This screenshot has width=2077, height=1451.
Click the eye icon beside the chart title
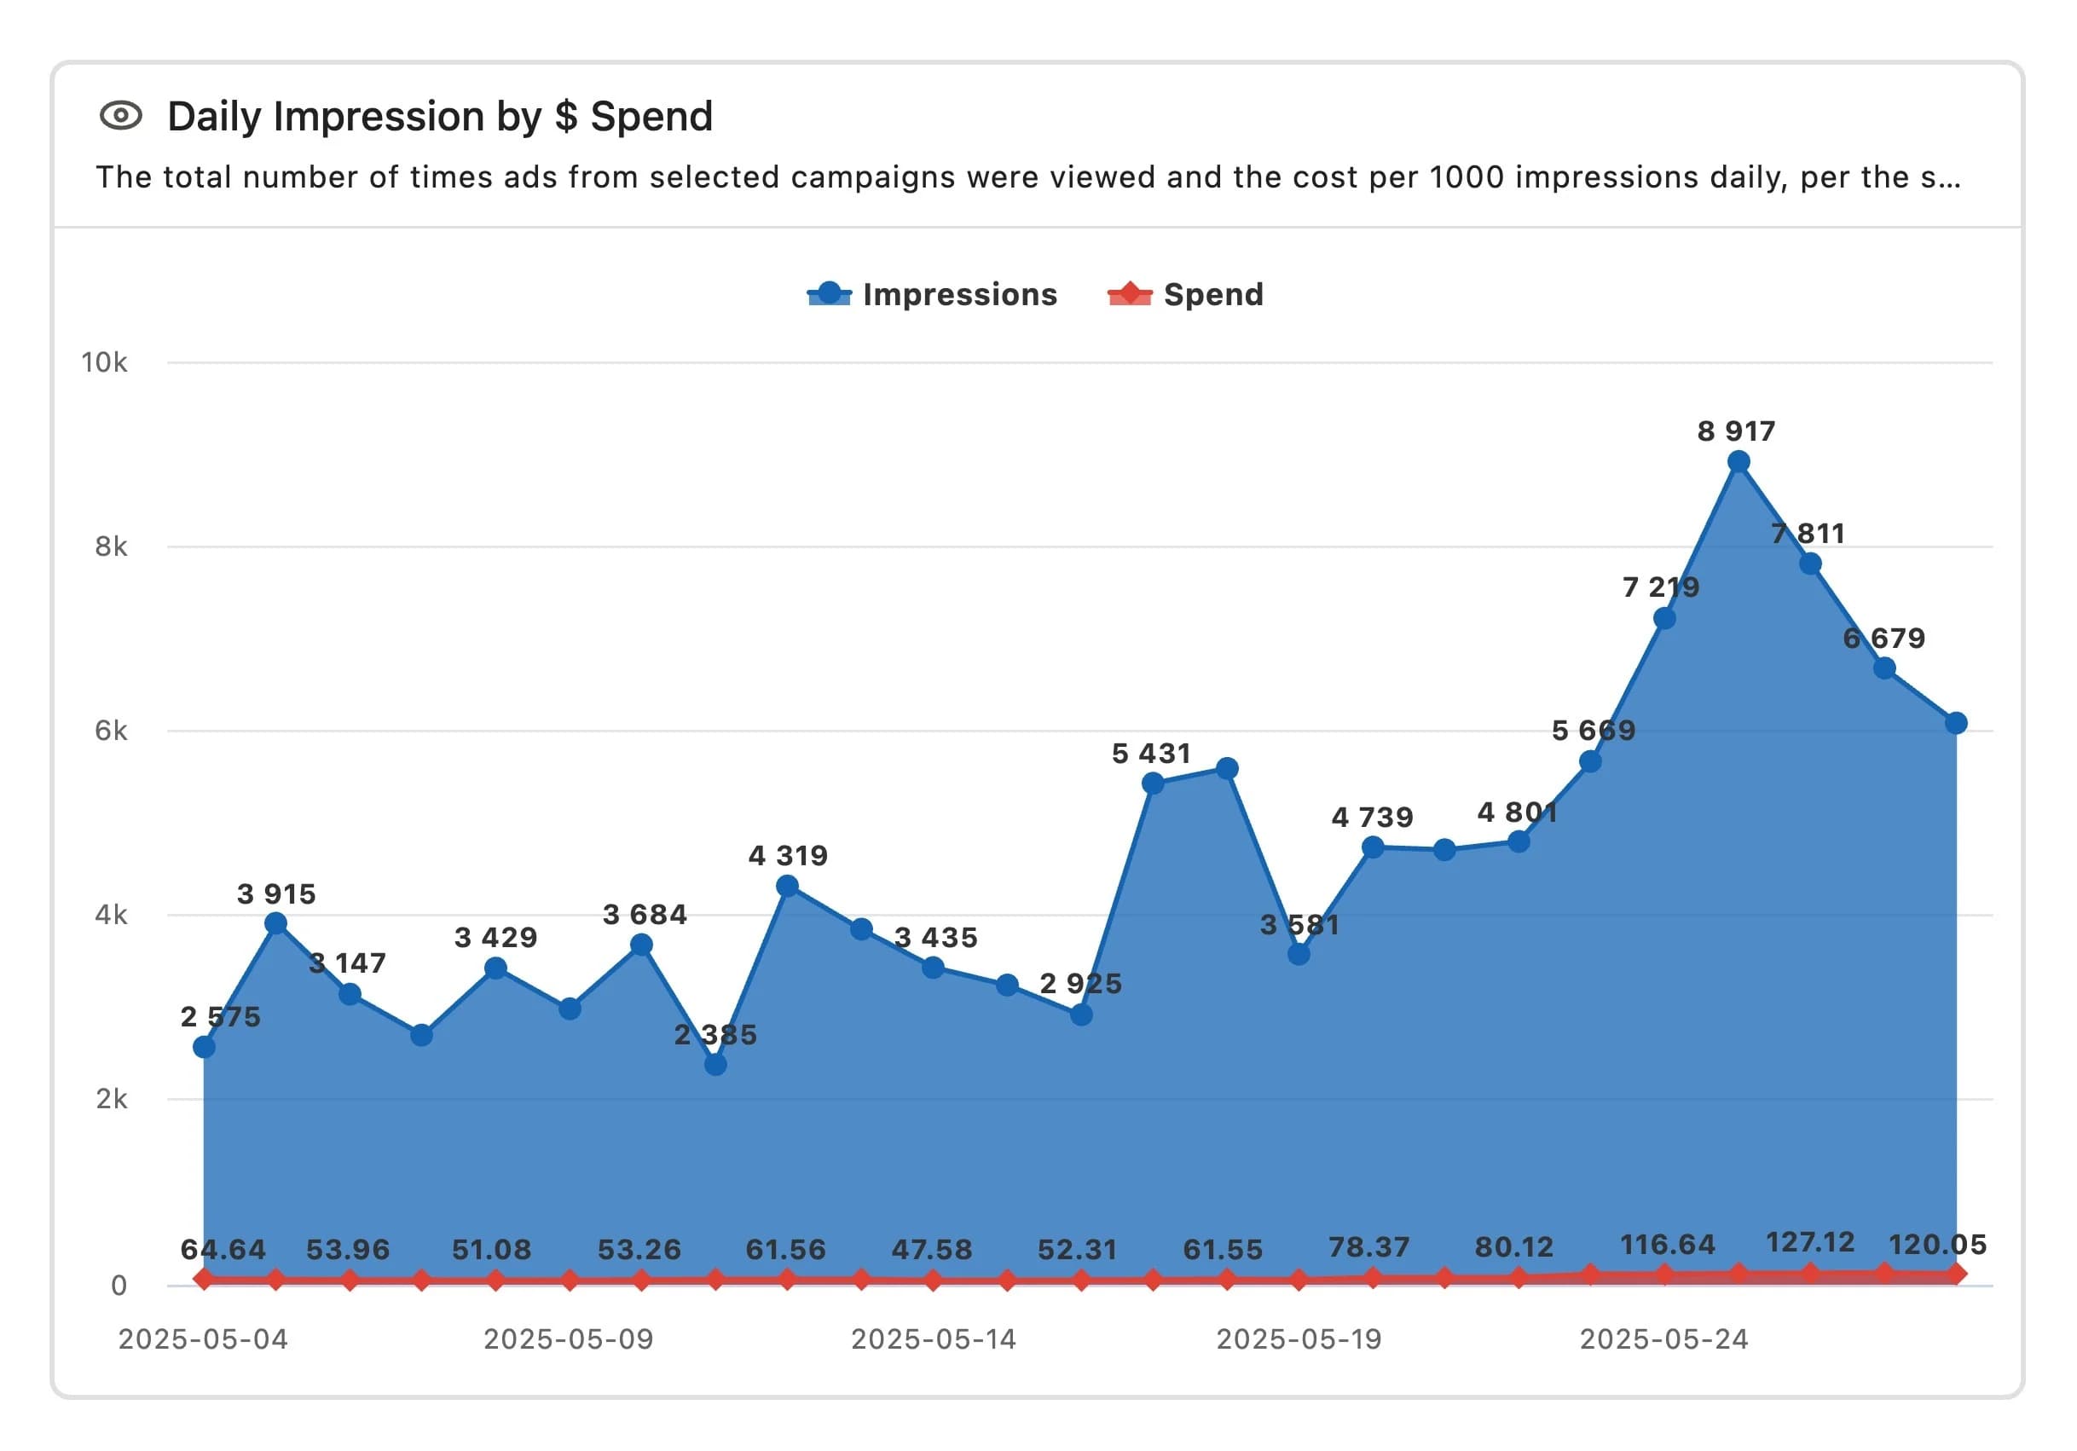[x=121, y=116]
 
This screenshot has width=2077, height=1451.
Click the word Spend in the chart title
[x=651, y=117]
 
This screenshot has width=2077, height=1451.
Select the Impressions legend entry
[x=932, y=295]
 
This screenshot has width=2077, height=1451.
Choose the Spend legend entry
[x=1186, y=295]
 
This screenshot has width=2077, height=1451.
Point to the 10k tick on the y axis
[x=104, y=363]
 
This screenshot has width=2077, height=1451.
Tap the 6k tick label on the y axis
[x=110, y=731]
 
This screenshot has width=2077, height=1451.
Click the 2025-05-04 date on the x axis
[x=203, y=1338]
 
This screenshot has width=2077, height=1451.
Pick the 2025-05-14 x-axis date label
[x=934, y=1338]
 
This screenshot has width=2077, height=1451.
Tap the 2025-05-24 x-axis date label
[x=1663, y=1338]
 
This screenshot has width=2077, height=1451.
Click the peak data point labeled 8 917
[x=1738, y=462]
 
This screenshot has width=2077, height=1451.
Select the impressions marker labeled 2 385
[x=715, y=1065]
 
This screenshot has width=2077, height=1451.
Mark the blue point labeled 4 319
[x=787, y=887]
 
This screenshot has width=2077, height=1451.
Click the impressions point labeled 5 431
[x=1153, y=783]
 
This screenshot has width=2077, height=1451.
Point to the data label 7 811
[x=1808, y=534]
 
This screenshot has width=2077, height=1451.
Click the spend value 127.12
[x=1809, y=1242]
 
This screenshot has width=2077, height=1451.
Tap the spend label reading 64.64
[x=223, y=1249]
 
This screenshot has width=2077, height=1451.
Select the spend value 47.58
[x=932, y=1249]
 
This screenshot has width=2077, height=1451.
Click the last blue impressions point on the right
[x=1956, y=723]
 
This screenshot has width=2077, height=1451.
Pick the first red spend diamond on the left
[x=204, y=1278]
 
